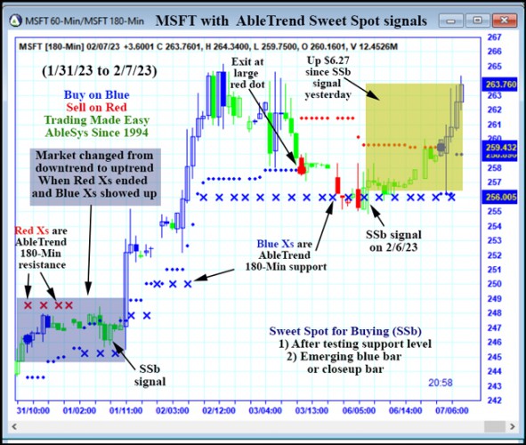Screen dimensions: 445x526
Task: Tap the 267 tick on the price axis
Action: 491,37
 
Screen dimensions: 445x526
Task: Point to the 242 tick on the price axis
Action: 491,400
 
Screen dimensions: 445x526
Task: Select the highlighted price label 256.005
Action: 495,197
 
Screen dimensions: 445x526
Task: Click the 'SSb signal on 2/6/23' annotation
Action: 390,239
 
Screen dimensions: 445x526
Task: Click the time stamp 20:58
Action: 441,382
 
